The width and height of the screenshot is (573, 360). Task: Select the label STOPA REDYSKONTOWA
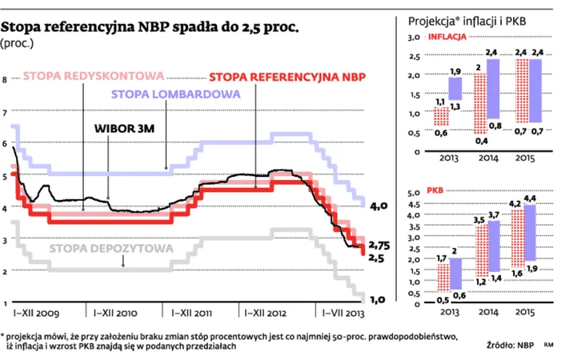click(93, 76)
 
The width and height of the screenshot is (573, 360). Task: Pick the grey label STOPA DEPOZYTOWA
click(111, 249)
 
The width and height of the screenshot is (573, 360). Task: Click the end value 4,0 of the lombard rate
click(379, 206)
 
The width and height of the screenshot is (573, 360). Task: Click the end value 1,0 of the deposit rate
click(379, 299)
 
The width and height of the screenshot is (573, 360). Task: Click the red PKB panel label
click(436, 192)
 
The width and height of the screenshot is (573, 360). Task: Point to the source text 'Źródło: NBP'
click(511, 346)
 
